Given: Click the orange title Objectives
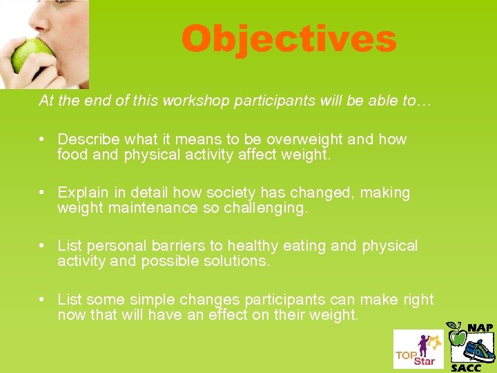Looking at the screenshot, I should [x=289, y=39].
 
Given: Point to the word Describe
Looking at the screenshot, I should [x=86, y=140].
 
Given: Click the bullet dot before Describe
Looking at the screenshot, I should [x=43, y=140].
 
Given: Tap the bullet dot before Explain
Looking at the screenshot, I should [x=43, y=193].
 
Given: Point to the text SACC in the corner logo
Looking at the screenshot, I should [x=466, y=367].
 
